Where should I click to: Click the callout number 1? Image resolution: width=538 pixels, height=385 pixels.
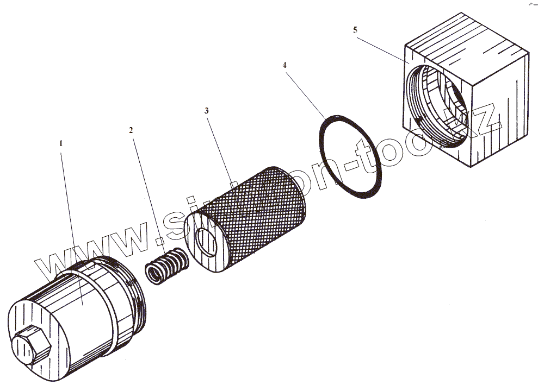pos(61,143)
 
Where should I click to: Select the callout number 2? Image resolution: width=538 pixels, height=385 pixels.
pos(131,130)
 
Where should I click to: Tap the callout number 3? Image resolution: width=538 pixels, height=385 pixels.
pos(206,110)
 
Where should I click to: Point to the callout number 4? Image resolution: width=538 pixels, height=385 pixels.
pos(284,65)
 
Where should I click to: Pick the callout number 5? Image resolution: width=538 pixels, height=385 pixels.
pos(355,30)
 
